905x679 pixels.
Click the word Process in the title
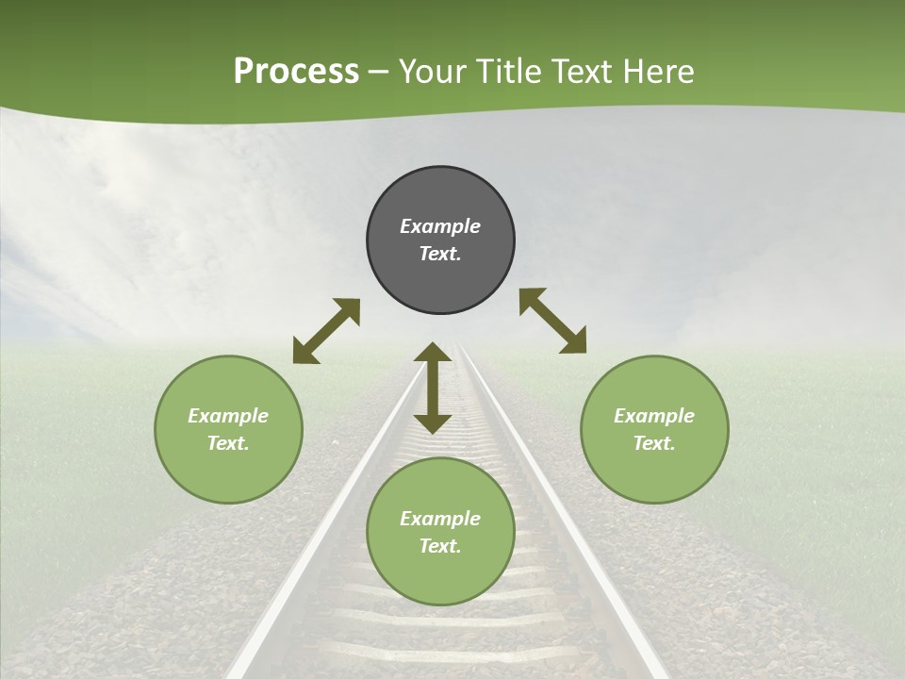pyautogui.click(x=296, y=72)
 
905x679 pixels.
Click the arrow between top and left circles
pyautogui.click(x=326, y=331)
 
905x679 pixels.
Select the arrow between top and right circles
pyautogui.click(x=552, y=321)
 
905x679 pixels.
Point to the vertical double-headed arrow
pyautogui.click(x=433, y=388)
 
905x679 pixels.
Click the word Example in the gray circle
pyautogui.click(x=440, y=226)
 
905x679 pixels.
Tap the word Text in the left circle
pyautogui.click(x=227, y=443)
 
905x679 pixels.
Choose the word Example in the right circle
pyautogui.click(x=654, y=416)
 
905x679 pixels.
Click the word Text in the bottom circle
pyautogui.click(x=439, y=546)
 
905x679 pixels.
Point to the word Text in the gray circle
pyautogui.click(x=439, y=254)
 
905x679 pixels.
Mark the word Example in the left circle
pyautogui.click(x=228, y=416)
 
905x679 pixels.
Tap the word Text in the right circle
pyautogui.click(x=653, y=443)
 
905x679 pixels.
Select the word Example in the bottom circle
pyautogui.click(x=440, y=519)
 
